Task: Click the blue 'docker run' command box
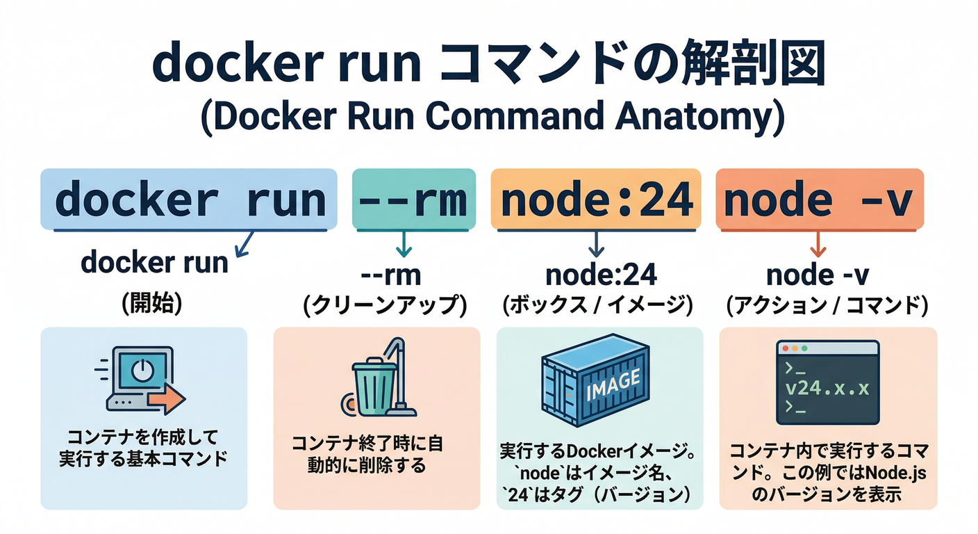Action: click(189, 200)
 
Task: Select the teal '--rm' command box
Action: click(414, 200)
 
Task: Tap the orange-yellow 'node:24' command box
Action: click(596, 200)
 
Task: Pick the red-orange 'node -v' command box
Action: click(820, 200)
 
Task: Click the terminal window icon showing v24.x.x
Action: click(825, 382)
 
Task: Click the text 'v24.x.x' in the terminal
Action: click(826, 387)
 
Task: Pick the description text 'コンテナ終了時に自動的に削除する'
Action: click(367, 454)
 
